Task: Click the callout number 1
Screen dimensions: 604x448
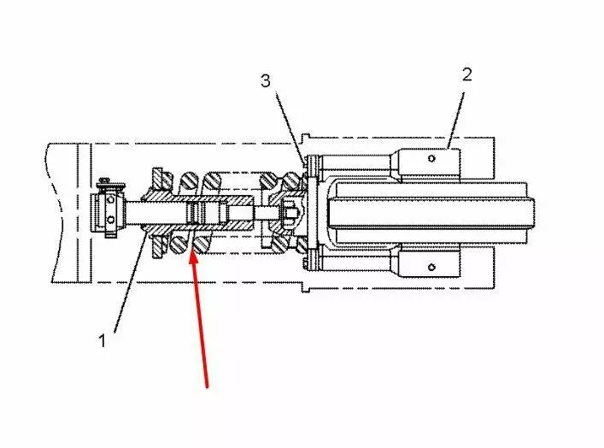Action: pos(102,340)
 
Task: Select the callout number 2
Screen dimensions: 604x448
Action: pos(466,74)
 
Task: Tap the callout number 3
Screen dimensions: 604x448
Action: pos(266,81)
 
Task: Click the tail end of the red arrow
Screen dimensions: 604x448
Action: pos(208,387)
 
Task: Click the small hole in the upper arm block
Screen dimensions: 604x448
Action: pos(431,158)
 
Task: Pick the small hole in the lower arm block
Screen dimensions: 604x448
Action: pos(431,267)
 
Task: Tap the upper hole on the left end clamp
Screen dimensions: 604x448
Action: pos(110,200)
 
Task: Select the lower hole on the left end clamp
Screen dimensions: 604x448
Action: pos(110,220)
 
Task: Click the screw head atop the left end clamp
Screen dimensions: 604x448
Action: pos(104,180)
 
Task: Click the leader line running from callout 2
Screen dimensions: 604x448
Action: pos(455,120)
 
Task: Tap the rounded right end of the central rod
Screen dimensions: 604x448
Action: pos(531,213)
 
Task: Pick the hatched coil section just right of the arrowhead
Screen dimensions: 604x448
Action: pos(202,245)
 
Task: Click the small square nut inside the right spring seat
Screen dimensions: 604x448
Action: pos(290,212)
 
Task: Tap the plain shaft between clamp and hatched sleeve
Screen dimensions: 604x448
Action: pos(135,213)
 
